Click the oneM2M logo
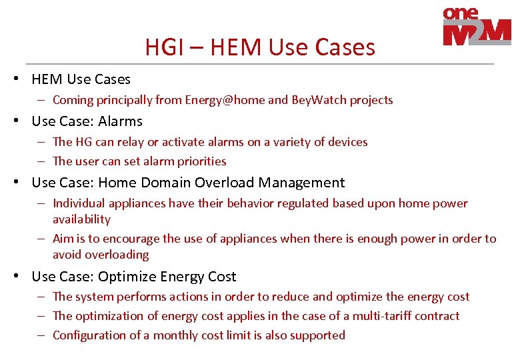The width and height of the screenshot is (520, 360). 476,27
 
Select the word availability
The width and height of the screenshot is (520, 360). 81,219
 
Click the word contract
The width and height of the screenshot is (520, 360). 437,316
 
